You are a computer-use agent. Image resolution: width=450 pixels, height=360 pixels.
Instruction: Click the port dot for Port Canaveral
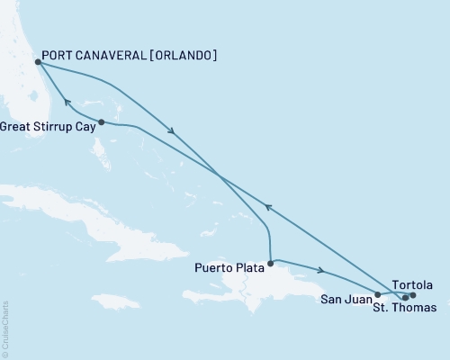37,62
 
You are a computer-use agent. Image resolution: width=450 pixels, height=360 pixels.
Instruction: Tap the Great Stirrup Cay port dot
102,121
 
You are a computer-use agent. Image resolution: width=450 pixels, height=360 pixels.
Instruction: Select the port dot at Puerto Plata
271,264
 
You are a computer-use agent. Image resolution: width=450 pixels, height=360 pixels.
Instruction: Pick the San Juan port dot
377,294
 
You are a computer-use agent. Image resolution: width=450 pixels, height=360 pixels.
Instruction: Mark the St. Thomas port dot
405,296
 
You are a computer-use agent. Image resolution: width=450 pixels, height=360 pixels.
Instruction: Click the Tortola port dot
413,294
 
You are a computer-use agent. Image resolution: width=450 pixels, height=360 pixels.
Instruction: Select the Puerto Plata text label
229,267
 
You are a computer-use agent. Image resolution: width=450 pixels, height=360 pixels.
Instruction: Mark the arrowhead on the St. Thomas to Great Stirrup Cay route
266,208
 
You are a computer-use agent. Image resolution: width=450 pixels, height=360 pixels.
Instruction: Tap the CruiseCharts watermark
4,329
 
